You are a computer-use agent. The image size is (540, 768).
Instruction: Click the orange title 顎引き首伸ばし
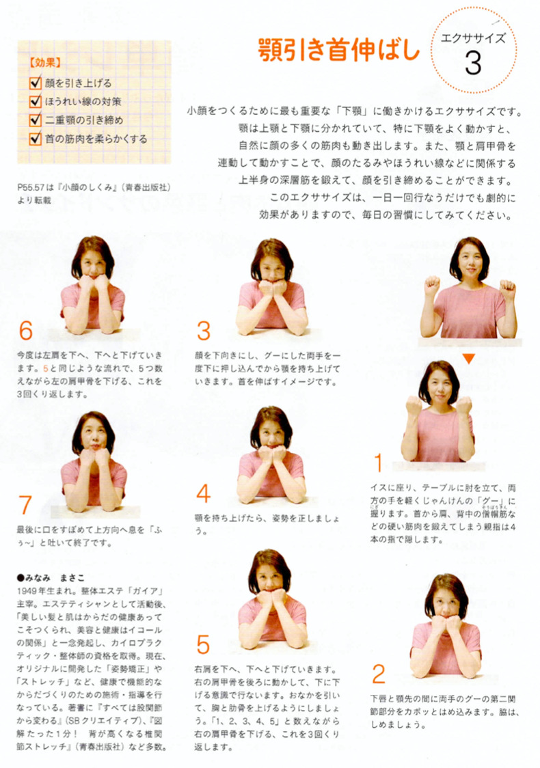point(338,49)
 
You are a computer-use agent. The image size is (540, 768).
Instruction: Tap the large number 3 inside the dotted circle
point(473,64)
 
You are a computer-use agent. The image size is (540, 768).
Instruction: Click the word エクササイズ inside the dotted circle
point(472,38)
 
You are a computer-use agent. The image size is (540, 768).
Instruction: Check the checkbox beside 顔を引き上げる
point(36,82)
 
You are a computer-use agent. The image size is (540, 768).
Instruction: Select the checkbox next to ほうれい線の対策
point(36,101)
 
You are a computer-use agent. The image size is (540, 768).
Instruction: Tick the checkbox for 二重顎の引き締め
point(36,120)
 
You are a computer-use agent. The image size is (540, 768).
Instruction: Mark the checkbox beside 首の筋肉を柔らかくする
point(36,138)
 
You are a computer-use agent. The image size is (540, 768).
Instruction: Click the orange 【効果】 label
point(45,63)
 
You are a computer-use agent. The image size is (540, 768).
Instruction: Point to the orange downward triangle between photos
point(468,359)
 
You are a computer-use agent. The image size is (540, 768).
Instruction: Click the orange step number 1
point(378,463)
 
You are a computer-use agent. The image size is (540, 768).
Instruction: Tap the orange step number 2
point(378,674)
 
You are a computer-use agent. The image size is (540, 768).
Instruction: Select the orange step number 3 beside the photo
point(204,331)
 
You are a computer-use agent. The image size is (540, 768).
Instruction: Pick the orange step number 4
point(204,493)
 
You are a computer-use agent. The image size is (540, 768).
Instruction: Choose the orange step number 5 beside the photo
point(204,644)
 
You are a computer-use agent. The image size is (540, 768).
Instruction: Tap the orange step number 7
point(25,504)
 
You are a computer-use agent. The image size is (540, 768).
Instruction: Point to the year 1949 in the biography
point(27,591)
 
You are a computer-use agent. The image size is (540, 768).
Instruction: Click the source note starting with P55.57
point(94,193)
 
